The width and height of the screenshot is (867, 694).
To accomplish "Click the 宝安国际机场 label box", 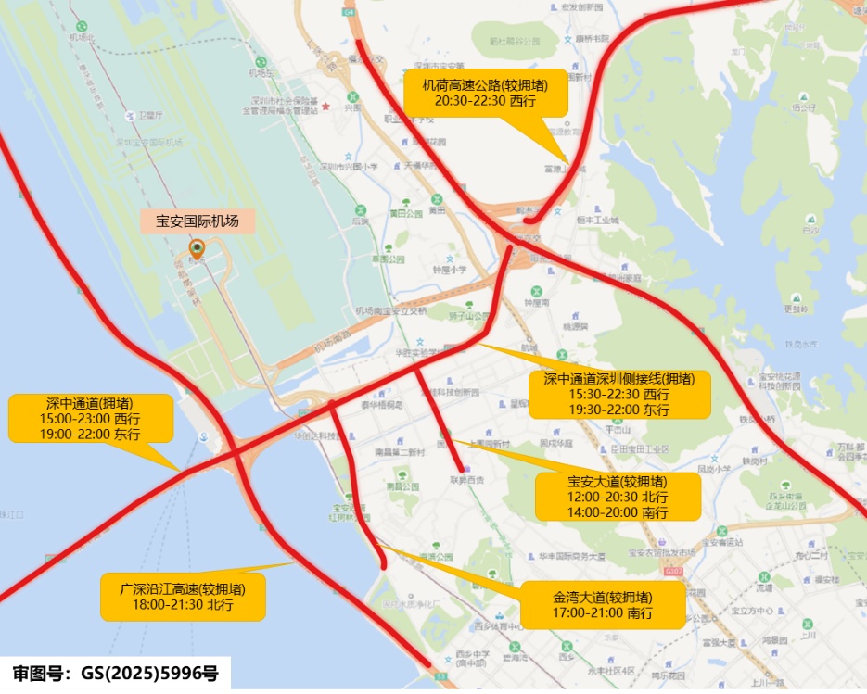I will (197, 221).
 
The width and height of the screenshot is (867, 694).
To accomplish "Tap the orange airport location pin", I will (197, 248).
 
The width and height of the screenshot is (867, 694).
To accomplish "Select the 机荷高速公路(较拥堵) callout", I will (490, 93).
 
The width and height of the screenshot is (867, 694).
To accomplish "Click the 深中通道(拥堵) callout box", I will (90, 418).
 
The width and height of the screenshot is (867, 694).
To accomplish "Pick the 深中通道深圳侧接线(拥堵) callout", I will (619, 394).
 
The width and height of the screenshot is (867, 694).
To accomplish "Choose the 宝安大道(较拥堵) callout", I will (618, 497).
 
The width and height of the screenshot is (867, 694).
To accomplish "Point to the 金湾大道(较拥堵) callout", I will (602, 605).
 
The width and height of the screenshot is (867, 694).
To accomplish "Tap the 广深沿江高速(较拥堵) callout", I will (183, 597).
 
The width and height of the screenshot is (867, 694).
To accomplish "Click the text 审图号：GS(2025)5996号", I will (116, 674).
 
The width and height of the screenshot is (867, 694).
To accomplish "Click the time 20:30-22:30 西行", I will (490, 101).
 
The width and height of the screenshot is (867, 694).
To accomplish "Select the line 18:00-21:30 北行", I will (183, 605).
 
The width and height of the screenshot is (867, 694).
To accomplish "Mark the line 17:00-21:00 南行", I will (602, 613).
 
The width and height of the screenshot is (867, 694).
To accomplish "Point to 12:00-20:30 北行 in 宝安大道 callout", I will (618, 497).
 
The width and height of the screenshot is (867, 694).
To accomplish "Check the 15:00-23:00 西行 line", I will (90, 419).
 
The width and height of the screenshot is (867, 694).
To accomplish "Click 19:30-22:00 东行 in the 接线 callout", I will (619, 409).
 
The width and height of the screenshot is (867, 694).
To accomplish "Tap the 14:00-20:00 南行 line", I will (618, 511).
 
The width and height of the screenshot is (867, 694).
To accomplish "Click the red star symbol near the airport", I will (326, 107).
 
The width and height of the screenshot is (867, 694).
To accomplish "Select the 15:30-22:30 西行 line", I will (619, 394).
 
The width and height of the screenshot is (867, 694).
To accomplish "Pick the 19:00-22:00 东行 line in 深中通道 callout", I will (90, 433).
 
